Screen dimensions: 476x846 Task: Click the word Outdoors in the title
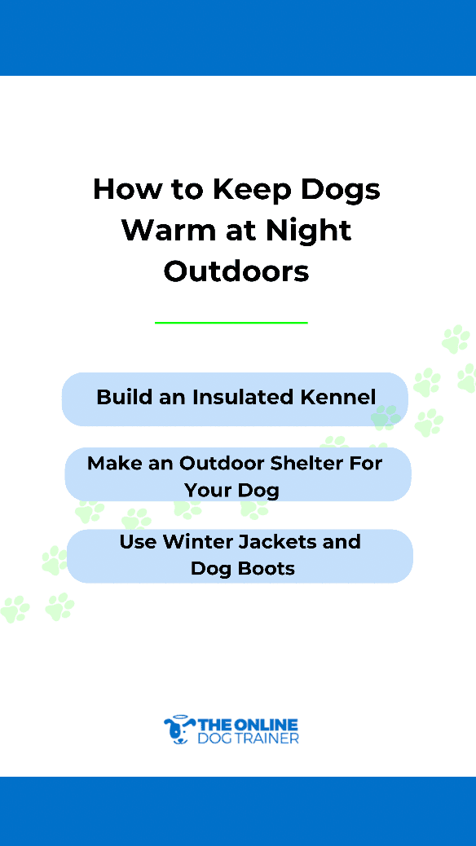pyautogui.click(x=236, y=271)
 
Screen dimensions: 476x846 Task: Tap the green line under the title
pyautogui.click(x=231, y=323)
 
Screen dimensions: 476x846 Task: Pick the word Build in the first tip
pyautogui.click(x=124, y=397)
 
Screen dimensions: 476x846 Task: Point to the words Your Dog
pyautogui.click(x=231, y=491)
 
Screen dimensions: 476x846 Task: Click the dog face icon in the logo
pyautogui.click(x=179, y=730)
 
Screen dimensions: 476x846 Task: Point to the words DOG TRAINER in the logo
pyautogui.click(x=249, y=738)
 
